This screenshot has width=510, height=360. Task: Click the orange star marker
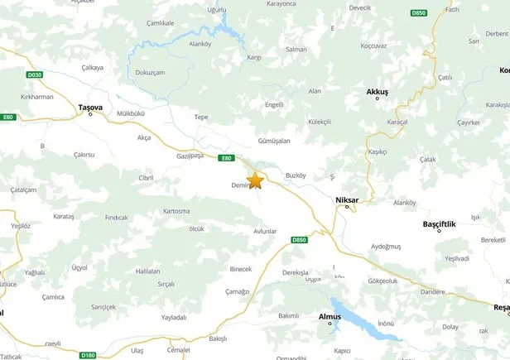(x=255, y=180)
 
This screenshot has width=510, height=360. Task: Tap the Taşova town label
(x=89, y=107)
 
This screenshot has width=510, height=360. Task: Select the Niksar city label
(x=349, y=199)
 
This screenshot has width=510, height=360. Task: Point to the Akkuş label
(x=377, y=91)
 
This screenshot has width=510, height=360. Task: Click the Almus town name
(x=330, y=315)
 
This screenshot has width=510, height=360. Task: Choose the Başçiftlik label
(x=440, y=223)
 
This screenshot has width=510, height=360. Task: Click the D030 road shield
(x=34, y=74)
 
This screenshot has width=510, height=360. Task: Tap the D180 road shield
(x=89, y=355)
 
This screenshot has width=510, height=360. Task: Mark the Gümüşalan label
(x=273, y=141)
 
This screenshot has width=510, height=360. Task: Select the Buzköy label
(x=296, y=175)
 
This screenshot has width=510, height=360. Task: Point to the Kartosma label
(x=176, y=211)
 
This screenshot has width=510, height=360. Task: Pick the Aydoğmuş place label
(x=386, y=247)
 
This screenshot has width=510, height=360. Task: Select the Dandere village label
(x=432, y=291)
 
